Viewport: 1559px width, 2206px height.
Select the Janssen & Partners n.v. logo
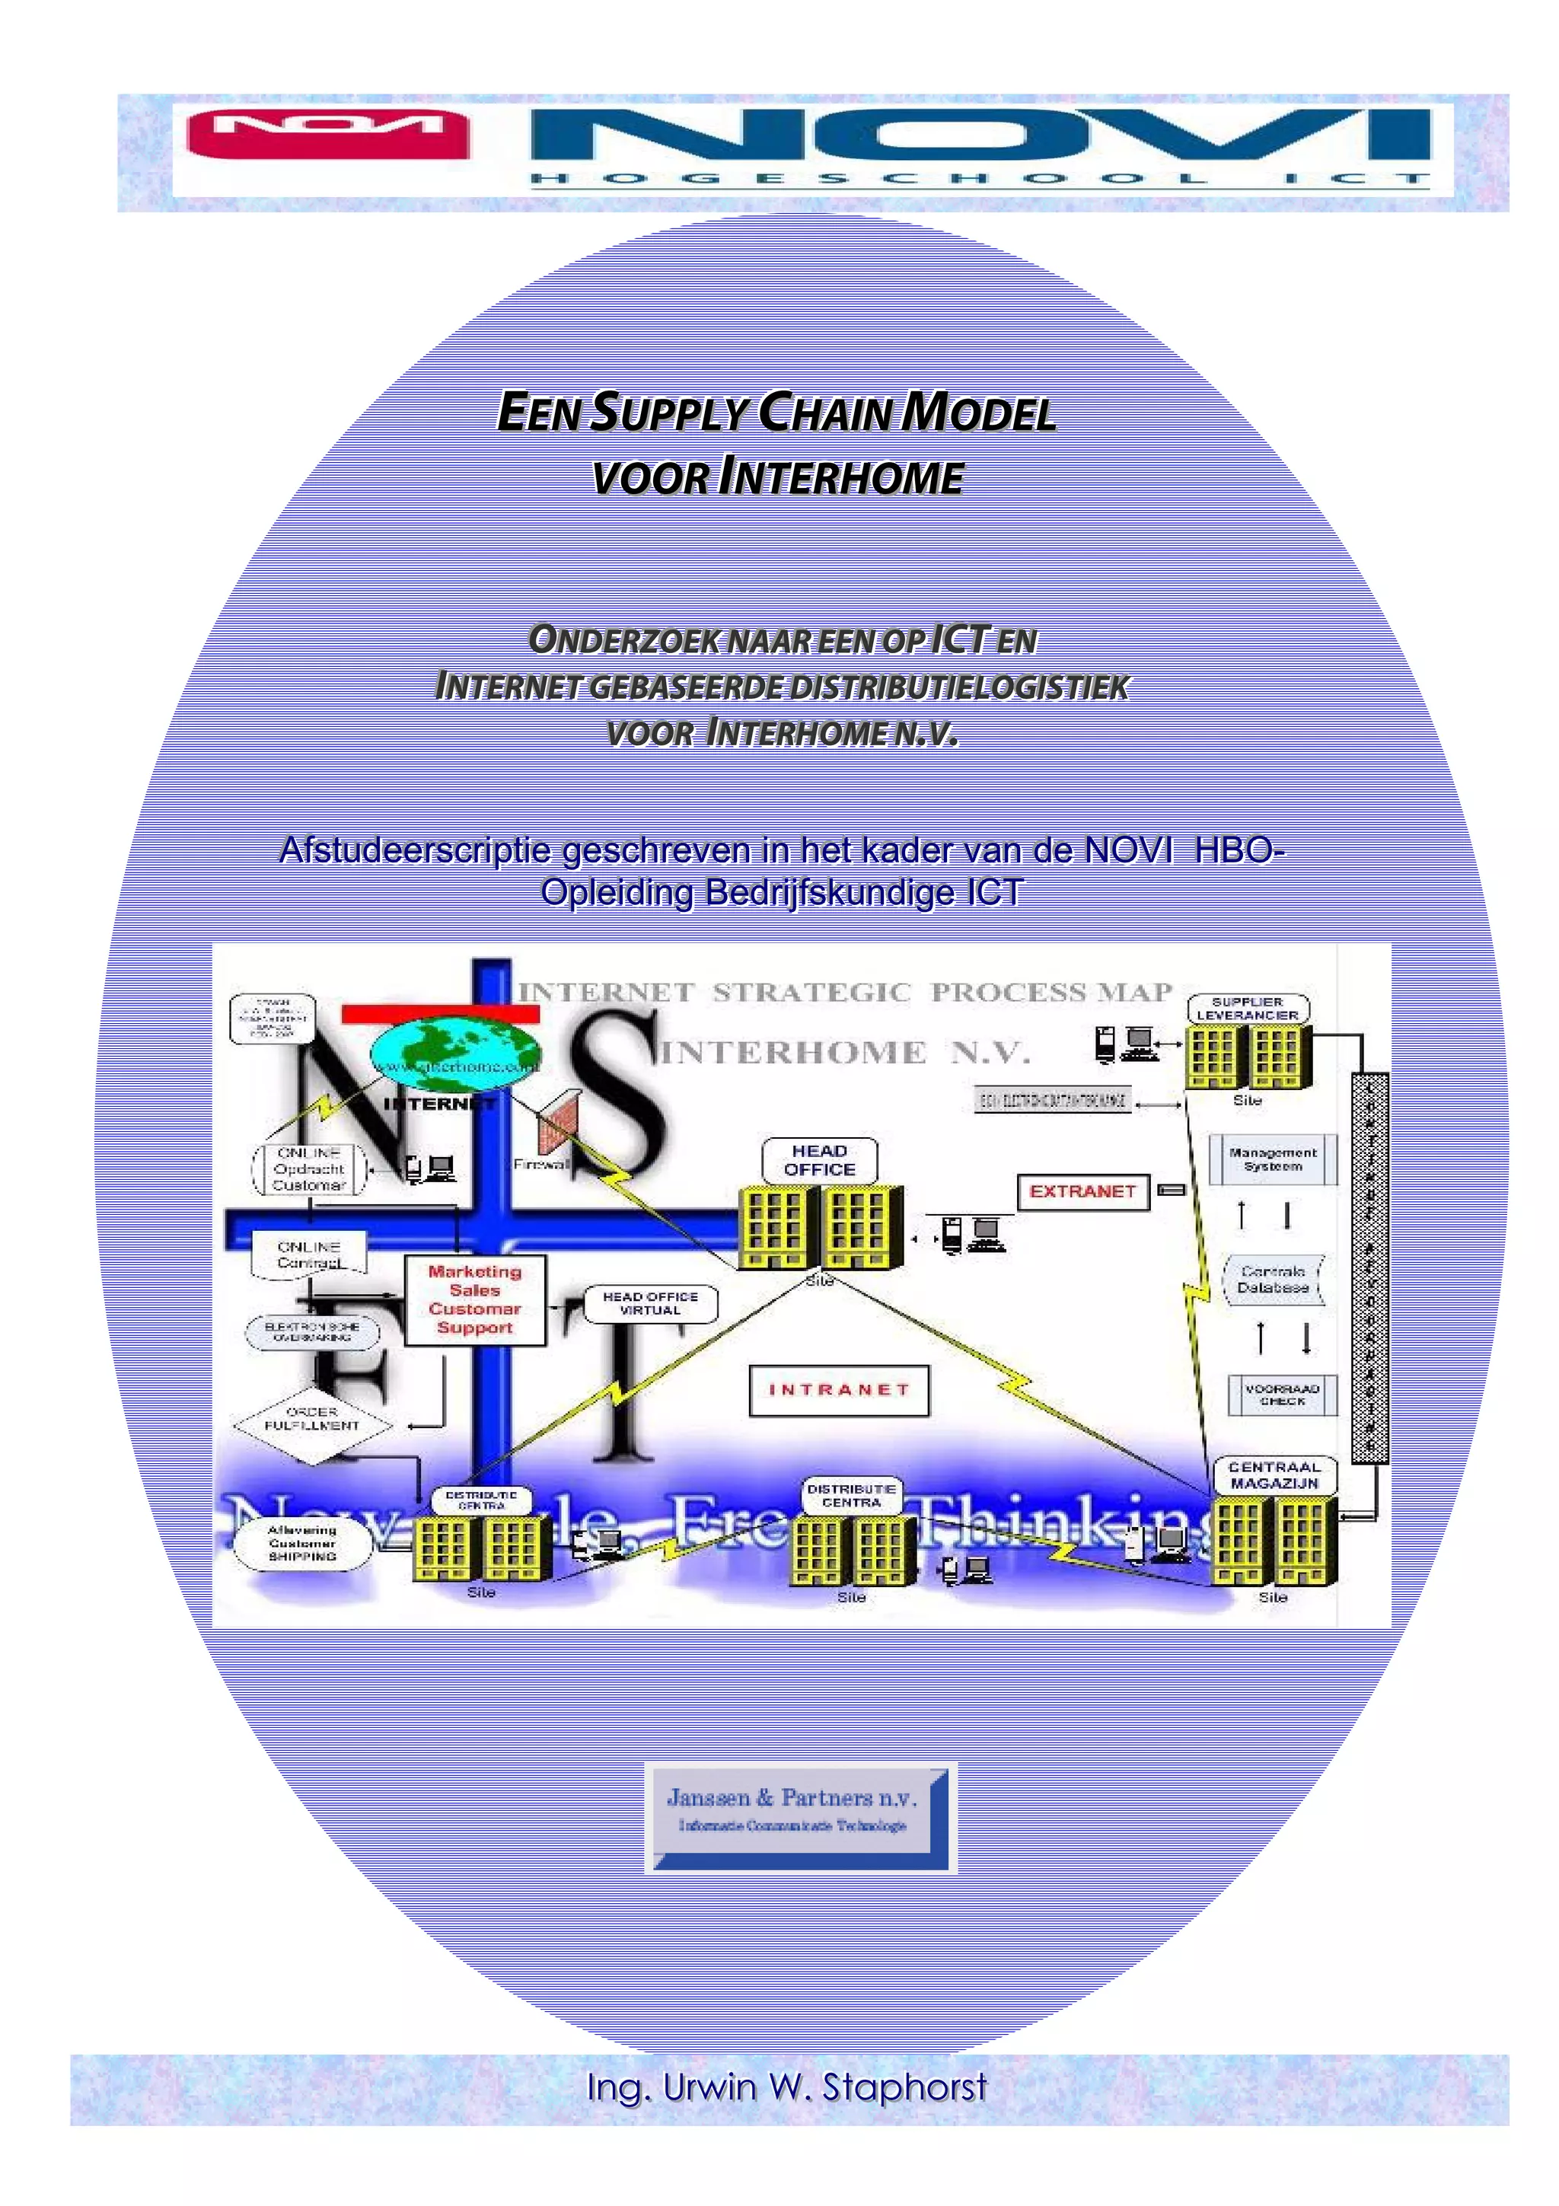pyautogui.click(x=799, y=1818)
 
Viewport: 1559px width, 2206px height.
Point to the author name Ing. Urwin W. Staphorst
pyautogui.click(x=786, y=2086)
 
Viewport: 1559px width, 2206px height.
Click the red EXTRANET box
pyautogui.click(x=1082, y=1191)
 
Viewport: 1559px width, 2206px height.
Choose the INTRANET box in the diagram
pyautogui.click(x=839, y=1390)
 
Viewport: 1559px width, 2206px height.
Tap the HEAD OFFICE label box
pyautogui.click(x=819, y=1159)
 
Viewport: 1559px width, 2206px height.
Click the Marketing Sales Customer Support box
pyautogui.click(x=474, y=1299)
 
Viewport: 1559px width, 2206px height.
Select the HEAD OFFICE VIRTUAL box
pyautogui.click(x=650, y=1304)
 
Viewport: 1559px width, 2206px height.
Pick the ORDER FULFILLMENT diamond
pyautogui.click(x=311, y=1419)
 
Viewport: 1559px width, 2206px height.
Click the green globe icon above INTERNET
pyautogui.click(x=454, y=1052)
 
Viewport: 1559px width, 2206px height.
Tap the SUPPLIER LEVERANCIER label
pyautogui.click(x=1247, y=1008)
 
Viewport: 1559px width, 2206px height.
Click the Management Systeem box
pyautogui.click(x=1273, y=1159)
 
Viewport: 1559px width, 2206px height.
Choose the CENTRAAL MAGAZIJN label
pyautogui.click(x=1274, y=1474)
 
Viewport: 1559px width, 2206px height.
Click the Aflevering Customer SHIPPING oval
pyautogui.click(x=301, y=1543)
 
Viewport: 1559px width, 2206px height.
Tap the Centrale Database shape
pyautogui.click(x=1273, y=1279)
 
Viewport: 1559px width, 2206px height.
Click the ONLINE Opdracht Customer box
pyautogui.click(x=308, y=1169)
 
